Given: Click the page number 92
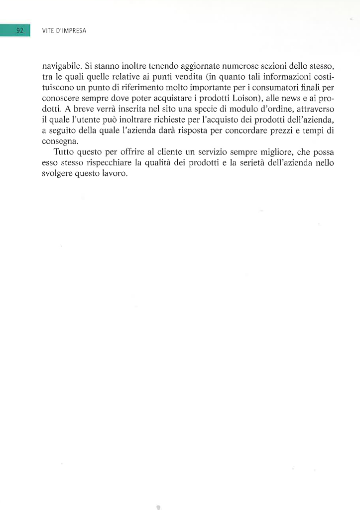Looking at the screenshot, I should click(x=20, y=31).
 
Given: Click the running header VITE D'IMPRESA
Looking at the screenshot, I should click(x=64, y=31).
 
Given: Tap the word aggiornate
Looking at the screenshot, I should click(x=204, y=66).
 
